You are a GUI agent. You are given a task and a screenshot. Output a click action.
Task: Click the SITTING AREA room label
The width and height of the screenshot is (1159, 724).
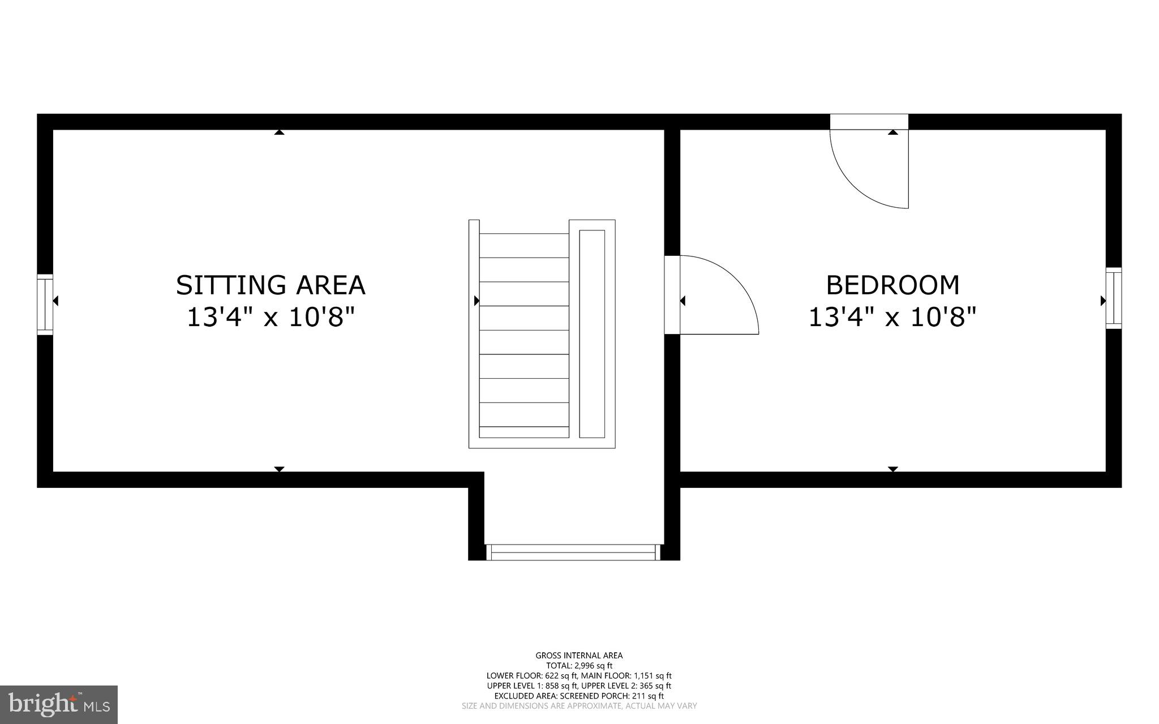click(271, 285)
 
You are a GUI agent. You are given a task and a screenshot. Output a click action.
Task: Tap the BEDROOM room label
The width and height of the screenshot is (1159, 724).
click(892, 285)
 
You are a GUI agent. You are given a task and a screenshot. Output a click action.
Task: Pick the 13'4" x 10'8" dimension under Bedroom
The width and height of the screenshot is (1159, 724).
click(892, 317)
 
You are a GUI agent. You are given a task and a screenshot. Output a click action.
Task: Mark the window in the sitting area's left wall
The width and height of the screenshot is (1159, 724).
click(45, 304)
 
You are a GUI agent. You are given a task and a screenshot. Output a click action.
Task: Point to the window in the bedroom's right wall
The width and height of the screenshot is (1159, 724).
click(1113, 298)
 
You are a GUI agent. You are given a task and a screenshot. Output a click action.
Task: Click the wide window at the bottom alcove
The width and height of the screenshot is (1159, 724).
click(573, 552)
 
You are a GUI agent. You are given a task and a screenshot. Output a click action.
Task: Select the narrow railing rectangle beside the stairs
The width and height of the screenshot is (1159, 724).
click(592, 334)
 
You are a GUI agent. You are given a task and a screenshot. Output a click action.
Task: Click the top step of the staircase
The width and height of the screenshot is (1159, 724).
click(524, 245)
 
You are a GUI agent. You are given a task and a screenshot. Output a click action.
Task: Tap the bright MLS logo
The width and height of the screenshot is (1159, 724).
click(59, 704)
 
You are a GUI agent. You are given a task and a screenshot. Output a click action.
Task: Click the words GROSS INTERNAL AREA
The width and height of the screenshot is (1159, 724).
click(579, 656)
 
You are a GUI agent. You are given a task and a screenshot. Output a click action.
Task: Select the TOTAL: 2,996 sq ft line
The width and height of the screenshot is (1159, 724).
click(579, 666)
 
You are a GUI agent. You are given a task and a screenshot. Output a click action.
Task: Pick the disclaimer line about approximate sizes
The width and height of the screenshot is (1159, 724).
click(579, 706)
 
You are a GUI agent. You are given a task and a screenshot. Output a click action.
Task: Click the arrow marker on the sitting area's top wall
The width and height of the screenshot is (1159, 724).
click(279, 132)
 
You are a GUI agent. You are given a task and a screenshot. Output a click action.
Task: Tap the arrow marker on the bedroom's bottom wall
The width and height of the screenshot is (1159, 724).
click(893, 469)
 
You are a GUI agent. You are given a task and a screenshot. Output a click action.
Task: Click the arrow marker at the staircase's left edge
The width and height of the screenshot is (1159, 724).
click(477, 301)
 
